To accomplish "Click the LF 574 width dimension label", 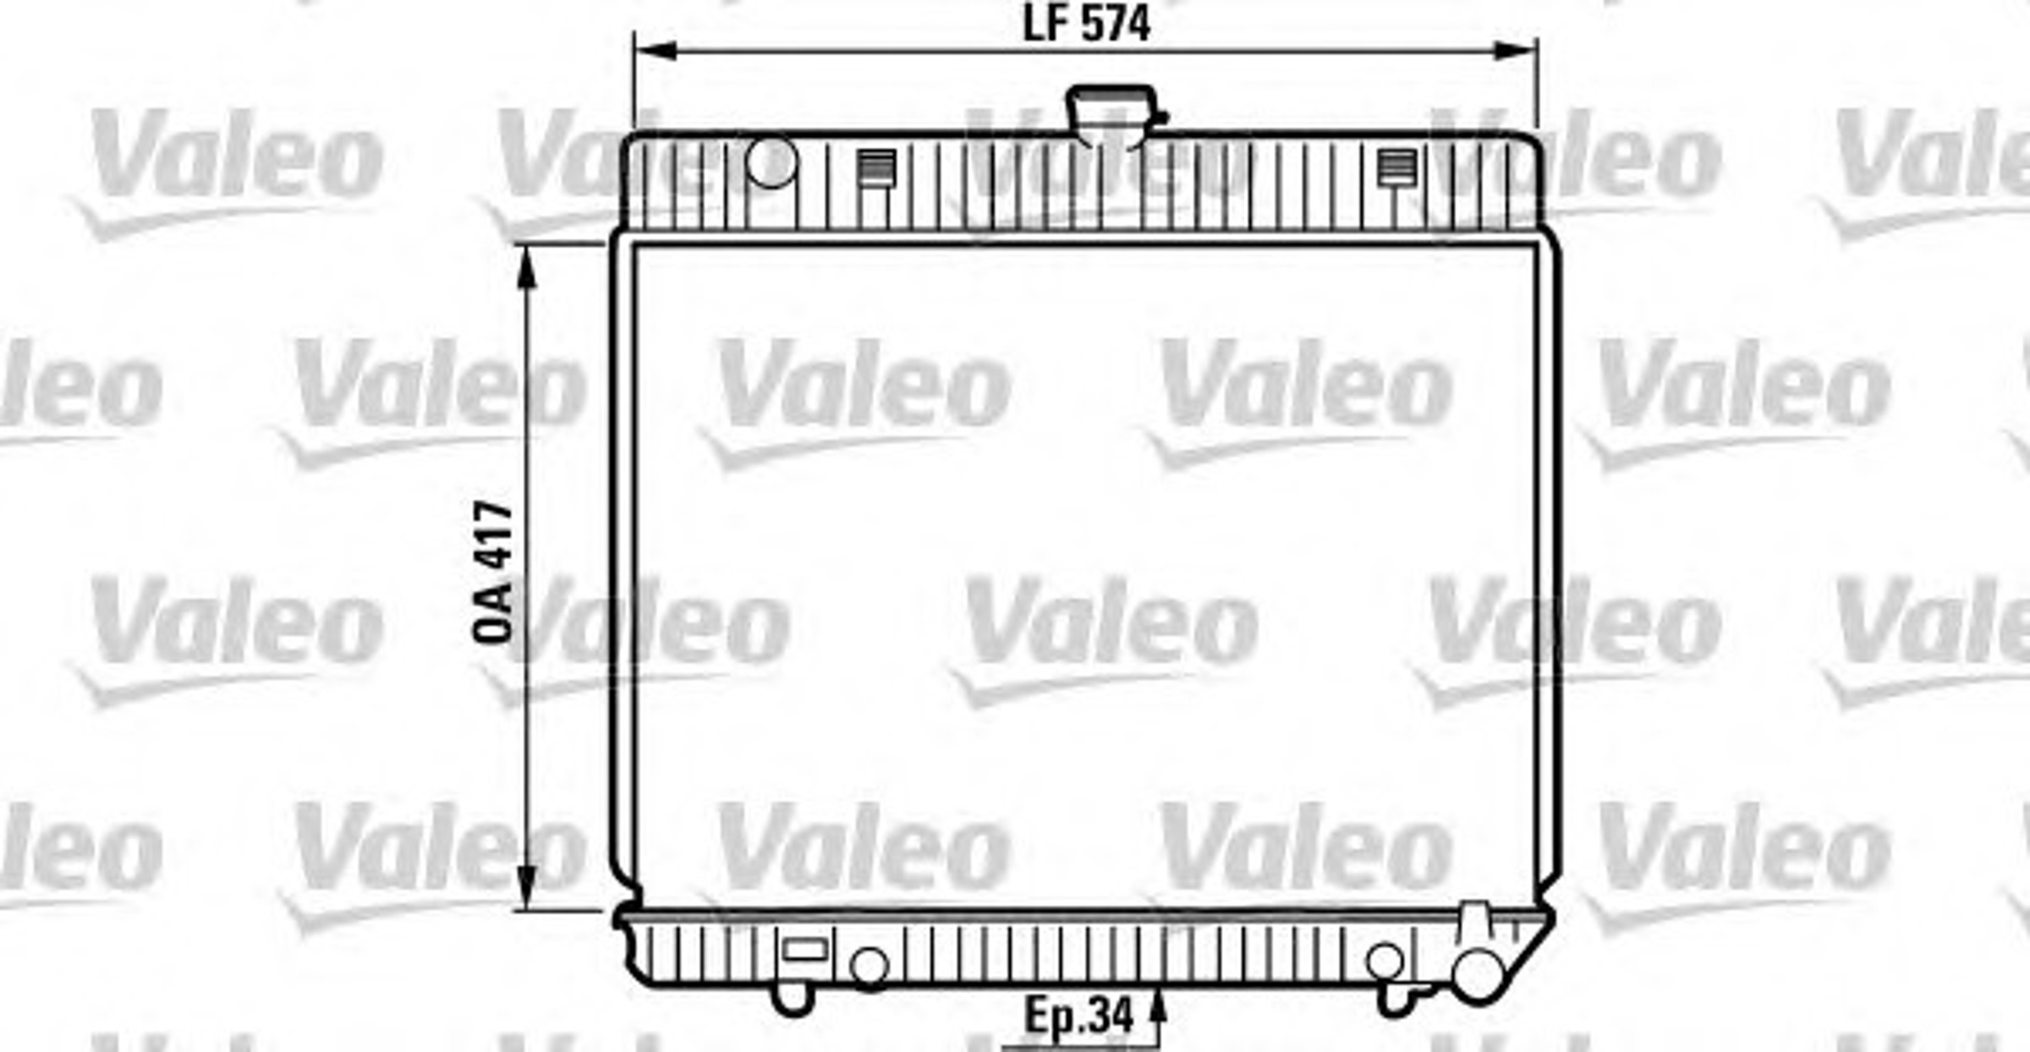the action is point(1087,24).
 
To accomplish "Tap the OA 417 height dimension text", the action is point(493,573).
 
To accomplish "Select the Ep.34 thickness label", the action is point(1078,1015).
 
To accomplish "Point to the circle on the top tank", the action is point(771,162).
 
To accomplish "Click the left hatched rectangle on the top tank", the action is point(876,167).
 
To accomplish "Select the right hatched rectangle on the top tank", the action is point(1396,167).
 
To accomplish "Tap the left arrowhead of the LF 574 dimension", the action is point(655,51).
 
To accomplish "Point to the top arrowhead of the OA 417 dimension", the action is point(527,267).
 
